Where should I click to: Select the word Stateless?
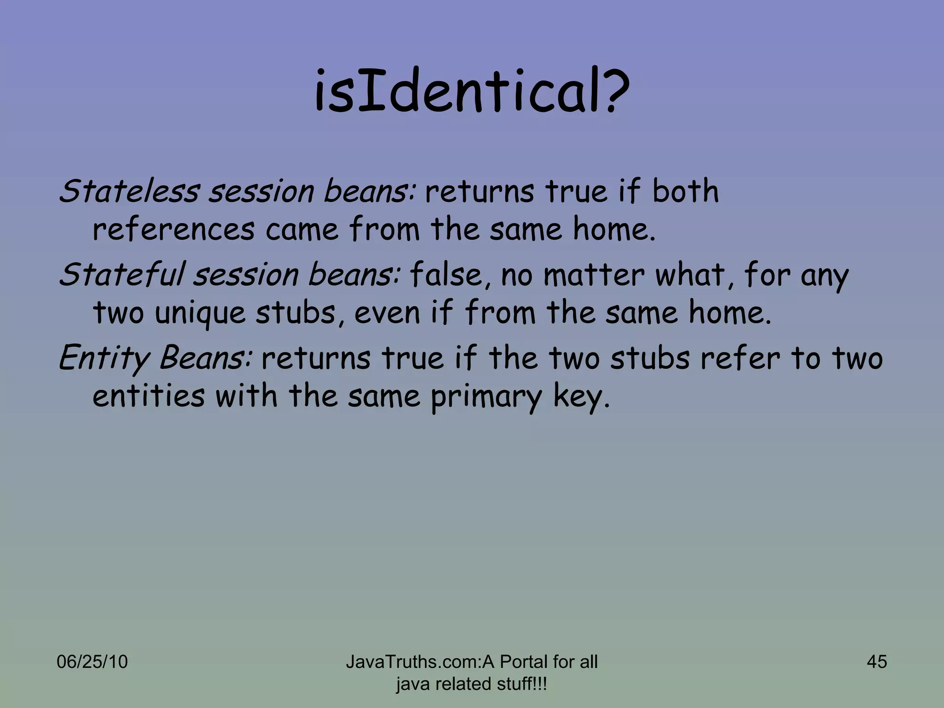pos(129,191)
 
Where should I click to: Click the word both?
pos(685,191)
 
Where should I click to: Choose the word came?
pos(302,229)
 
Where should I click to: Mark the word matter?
pos(593,275)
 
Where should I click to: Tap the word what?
pos(690,275)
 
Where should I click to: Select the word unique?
pos(201,313)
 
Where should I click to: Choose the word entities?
pos(148,396)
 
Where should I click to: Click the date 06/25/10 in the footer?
pos(92,662)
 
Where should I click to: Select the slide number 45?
pos(877,662)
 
